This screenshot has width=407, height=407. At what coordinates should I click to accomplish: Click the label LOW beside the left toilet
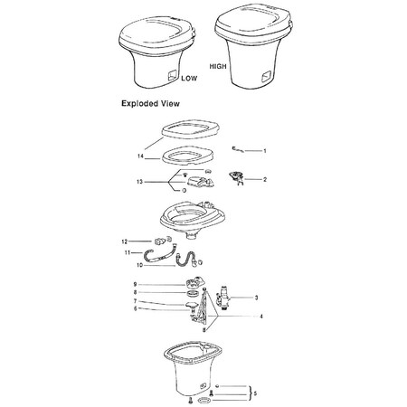point(189,79)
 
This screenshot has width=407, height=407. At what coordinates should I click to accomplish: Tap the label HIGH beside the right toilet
point(218,66)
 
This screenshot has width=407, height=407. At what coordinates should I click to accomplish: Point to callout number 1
point(265,150)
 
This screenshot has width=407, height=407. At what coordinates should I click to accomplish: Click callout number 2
point(265,180)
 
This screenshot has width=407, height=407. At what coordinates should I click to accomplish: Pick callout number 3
point(256,298)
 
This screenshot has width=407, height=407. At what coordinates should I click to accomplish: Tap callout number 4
point(261,317)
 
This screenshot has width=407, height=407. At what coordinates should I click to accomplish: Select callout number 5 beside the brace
point(255,393)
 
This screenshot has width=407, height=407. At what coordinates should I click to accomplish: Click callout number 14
point(140,156)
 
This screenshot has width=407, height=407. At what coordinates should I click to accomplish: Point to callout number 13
point(139,182)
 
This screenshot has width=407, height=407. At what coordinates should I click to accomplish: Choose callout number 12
point(125,241)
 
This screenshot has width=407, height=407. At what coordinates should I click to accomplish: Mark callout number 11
point(127,252)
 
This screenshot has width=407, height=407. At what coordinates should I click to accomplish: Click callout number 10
point(139,265)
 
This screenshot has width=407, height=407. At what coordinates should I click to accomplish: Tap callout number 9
point(135,284)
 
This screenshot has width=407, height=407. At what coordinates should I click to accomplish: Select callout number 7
point(135,301)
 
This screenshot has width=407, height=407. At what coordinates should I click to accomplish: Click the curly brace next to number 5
point(250,393)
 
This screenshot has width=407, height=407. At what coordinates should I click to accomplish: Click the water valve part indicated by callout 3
point(222,298)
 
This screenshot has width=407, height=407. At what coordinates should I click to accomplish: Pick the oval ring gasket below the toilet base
point(204,401)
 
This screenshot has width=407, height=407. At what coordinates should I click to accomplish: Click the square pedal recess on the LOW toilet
point(172,75)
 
